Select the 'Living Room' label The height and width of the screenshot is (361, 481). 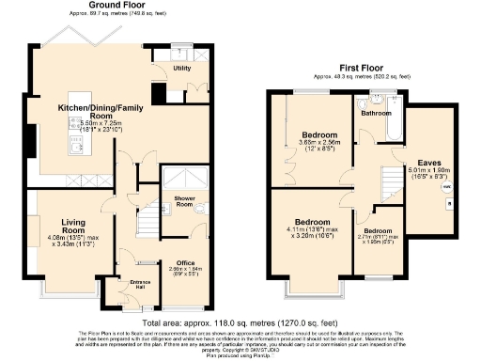point(74,226)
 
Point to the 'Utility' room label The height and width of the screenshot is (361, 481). point(182,69)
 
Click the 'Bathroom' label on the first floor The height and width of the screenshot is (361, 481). point(377,113)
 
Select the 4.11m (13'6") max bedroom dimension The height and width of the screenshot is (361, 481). point(310,228)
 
